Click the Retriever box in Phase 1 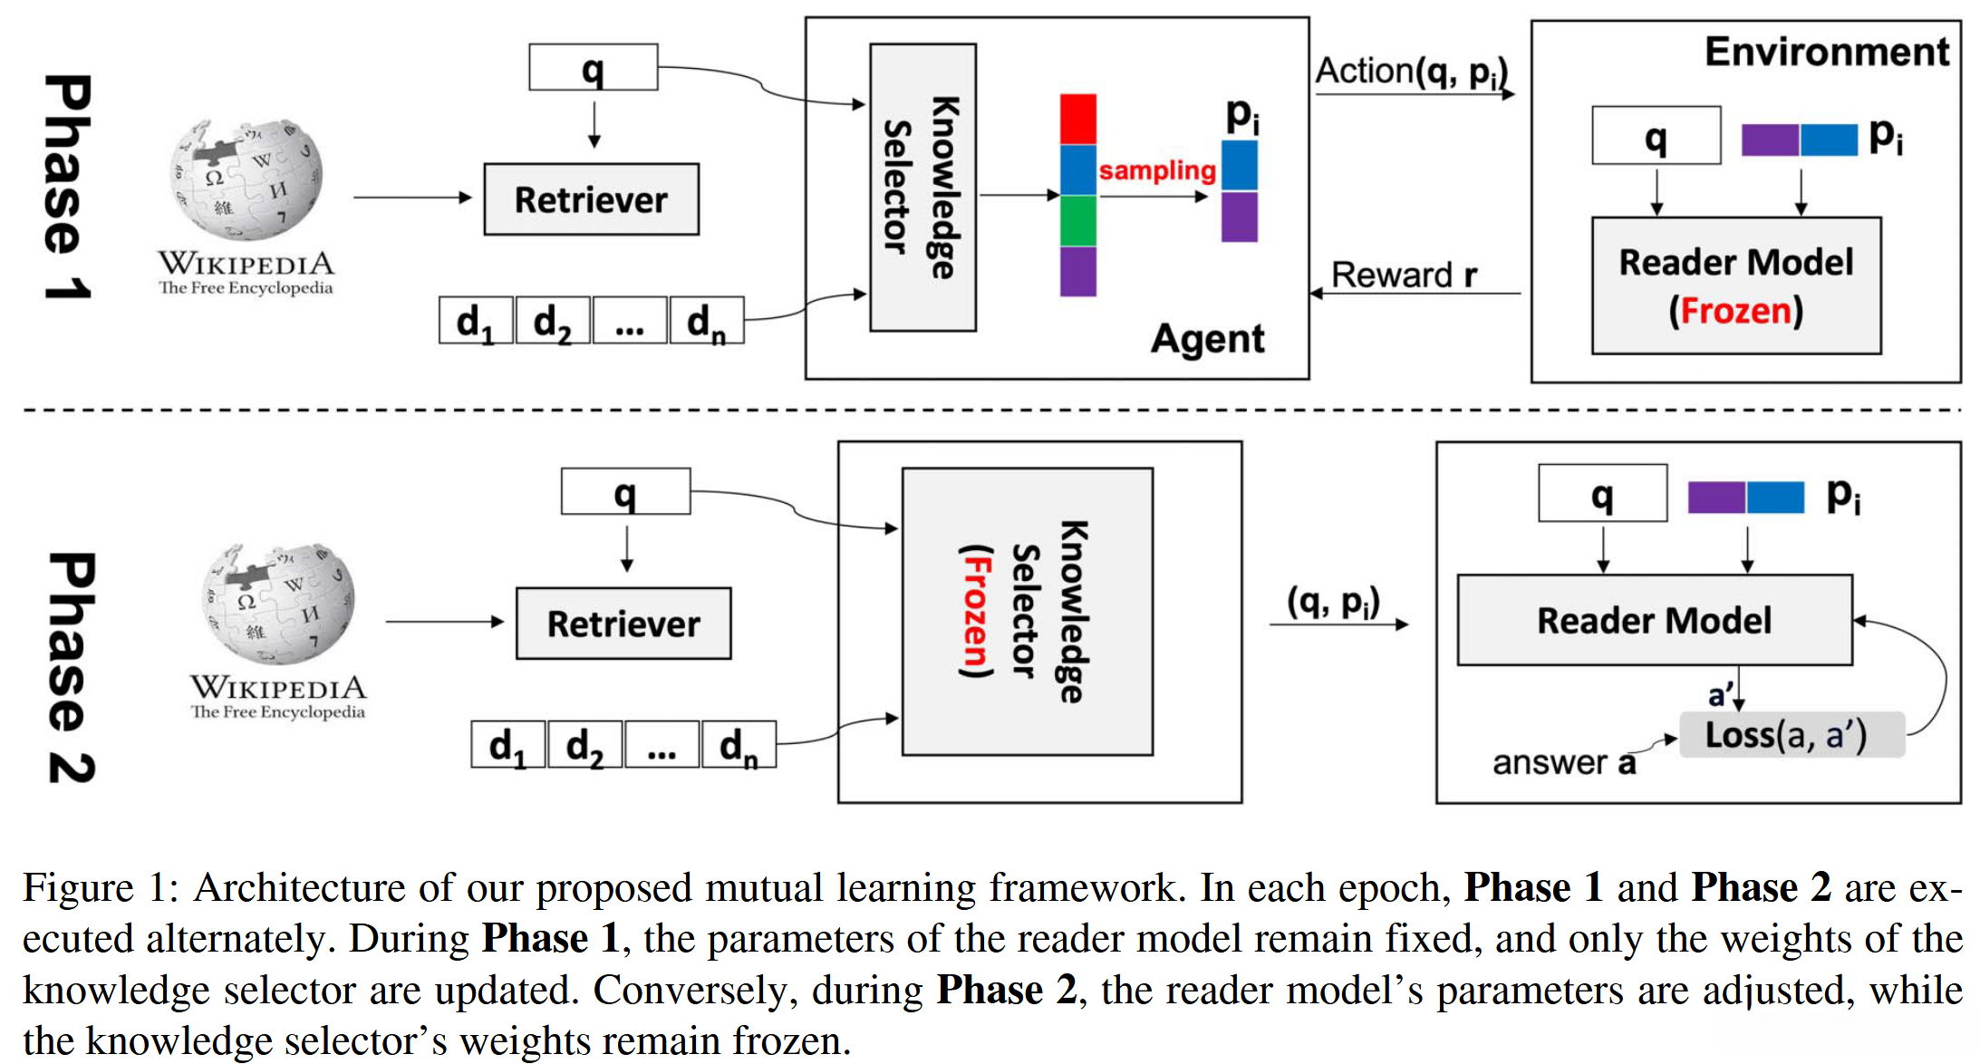[591, 199]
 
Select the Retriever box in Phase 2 [623, 624]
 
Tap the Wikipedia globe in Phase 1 [246, 179]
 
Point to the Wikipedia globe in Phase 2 [278, 603]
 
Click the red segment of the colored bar [1077, 119]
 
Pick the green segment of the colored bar [1077, 220]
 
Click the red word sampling [1157, 170]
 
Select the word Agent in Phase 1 [1207, 339]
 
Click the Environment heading [1826, 52]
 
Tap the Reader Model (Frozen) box [1735, 285]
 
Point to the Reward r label [1404, 275]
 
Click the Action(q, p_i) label [1411, 71]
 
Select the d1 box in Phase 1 [476, 321]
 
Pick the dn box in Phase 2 [739, 745]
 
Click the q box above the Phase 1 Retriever [593, 68]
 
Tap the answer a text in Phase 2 [1564, 763]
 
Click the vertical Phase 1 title [68, 187]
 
